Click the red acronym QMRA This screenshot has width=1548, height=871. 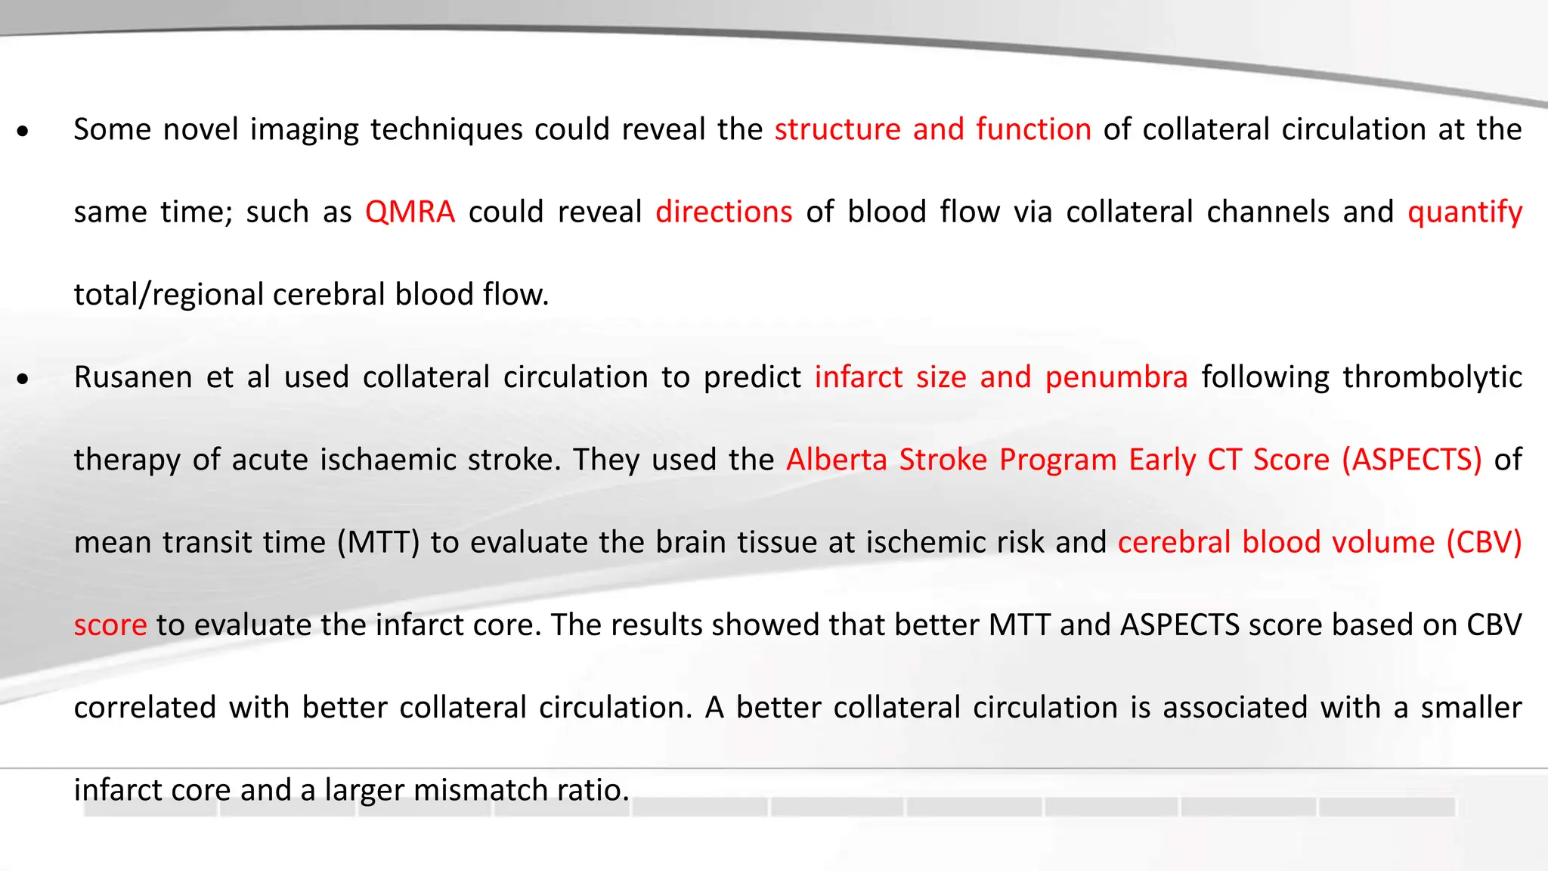(x=410, y=212)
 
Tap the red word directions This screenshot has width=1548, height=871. (x=723, y=212)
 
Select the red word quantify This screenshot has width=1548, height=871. (x=1464, y=212)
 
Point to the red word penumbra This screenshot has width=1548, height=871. (x=1116, y=377)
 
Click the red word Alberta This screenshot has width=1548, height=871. (x=837, y=460)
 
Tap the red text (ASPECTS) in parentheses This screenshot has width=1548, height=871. (x=1411, y=460)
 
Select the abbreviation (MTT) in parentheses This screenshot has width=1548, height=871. (x=378, y=543)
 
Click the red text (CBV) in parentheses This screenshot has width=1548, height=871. (x=1484, y=543)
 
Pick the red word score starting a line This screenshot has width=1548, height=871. (x=110, y=625)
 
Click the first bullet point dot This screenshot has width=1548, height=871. (x=23, y=132)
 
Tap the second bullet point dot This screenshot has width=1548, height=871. (x=23, y=380)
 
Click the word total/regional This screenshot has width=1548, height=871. (x=169, y=295)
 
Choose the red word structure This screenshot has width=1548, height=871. (x=837, y=130)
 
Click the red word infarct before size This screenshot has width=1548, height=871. (x=858, y=377)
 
